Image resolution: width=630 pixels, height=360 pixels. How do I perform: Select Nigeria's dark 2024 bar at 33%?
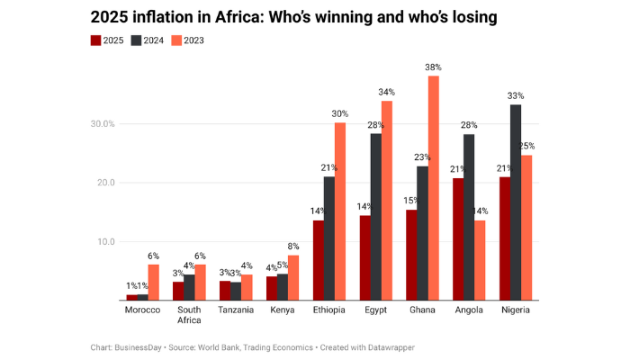tap(516, 202)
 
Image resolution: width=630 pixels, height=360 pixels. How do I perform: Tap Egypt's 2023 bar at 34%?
tap(387, 200)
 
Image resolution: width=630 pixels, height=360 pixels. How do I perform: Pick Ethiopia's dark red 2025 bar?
tap(319, 259)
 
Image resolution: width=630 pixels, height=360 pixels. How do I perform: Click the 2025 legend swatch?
tap(95, 40)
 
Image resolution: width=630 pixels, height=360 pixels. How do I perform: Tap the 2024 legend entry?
tap(149, 40)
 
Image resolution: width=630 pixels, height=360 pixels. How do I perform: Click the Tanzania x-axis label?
tap(236, 310)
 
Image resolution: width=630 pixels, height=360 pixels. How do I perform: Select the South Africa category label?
tap(189, 315)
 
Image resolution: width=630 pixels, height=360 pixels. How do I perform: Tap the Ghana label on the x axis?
tap(422, 310)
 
